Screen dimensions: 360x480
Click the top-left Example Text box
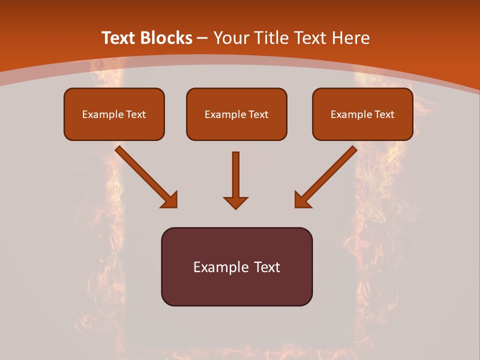pyautogui.click(x=114, y=114)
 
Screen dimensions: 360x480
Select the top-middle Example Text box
pyautogui.click(x=236, y=114)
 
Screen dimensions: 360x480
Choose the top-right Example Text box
pyautogui.click(x=362, y=114)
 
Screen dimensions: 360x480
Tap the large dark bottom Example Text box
pyautogui.click(x=236, y=266)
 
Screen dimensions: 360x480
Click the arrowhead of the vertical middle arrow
pyautogui.click(x=235, y=202)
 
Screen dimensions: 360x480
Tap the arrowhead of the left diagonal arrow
pyautogui.click(x=170, y=200)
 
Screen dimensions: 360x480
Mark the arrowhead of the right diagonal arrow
pyautogui.click(x=302, y=200)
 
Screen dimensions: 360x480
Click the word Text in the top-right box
pyautogui.click(x=384, y=114)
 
